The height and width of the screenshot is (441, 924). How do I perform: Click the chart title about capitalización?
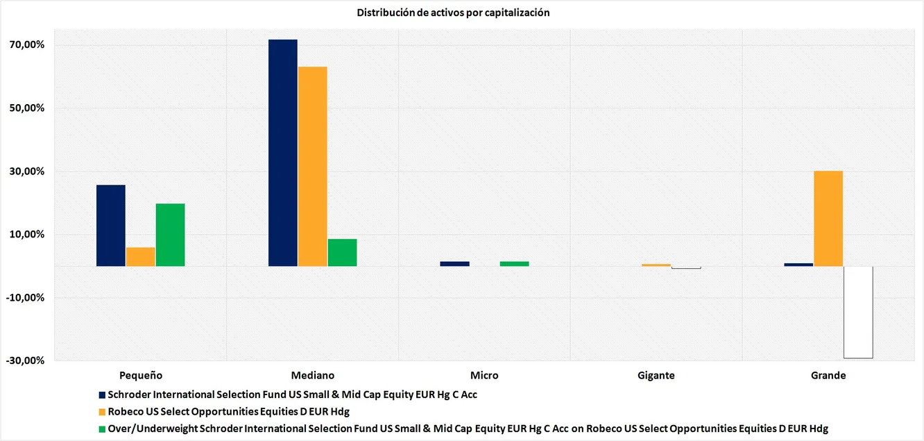[x=453, y=13]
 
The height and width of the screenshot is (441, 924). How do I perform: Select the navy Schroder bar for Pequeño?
[x=111, y=226]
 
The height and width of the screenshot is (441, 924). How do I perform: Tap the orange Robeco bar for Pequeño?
[x=141, y=257]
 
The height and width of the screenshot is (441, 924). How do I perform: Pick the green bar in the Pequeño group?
[x=171, y=235]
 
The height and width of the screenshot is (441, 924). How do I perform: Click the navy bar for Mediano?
[x=283, y=153]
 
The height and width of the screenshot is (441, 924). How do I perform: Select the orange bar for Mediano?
[x=313, y=167]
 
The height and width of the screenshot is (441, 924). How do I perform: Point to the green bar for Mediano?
[x=343, y=253]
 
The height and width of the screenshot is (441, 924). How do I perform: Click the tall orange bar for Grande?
[x=828, y=219]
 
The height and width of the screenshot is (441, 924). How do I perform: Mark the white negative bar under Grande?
[x=858, y=313]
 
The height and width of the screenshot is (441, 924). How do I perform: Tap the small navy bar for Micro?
[x=455, y=264]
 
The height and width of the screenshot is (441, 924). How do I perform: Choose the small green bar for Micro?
[x=515, y=264]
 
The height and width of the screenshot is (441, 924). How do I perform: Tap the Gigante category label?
[x=656, y=376]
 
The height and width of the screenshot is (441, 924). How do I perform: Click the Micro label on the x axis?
[x=484, y=376]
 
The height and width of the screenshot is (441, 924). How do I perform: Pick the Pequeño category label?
[x=141, y=376]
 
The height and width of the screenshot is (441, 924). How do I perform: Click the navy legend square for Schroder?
[x=103, y=394]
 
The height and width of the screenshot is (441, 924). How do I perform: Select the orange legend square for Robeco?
[x=103, y=412]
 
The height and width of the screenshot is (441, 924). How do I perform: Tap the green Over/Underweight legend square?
[x=103, y=429]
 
